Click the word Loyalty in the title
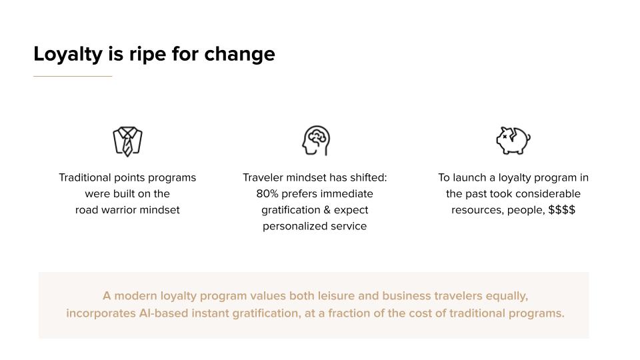(x=68, y=54)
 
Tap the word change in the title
(x=239, y=54)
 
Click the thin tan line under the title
(x=73, y=76)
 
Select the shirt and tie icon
(x=128, y=141)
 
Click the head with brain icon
(x=316, y=141)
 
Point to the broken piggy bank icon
(x=513, y=141)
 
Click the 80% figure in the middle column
(x=267, y=193)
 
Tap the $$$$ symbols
(x=561, y=210)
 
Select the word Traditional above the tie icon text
(x=85, y=177)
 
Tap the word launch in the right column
(x=469, y=177)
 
